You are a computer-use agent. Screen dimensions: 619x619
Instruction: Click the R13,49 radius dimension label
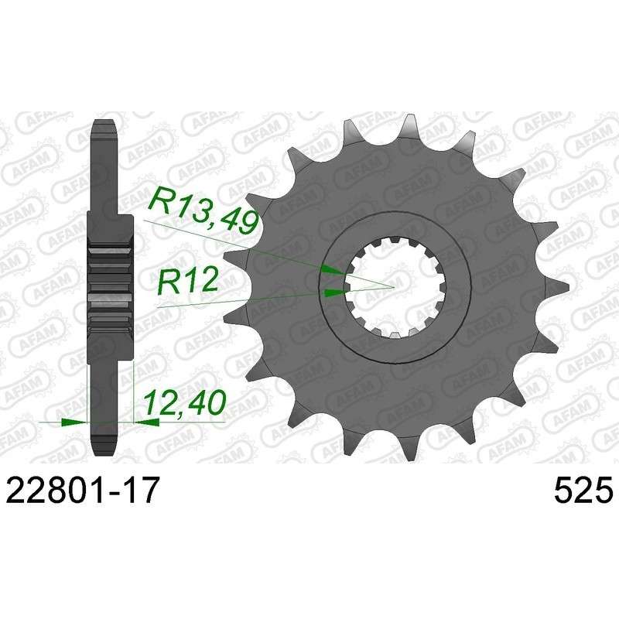pos(203,211)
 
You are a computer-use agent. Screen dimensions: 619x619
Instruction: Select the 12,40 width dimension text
pos(185,403)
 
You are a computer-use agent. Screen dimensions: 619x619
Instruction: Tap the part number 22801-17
pos(84,489)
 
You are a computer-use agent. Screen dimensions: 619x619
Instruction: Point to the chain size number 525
pos(583,490)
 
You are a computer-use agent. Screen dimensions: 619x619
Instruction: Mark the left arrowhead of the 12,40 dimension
pos(74,422)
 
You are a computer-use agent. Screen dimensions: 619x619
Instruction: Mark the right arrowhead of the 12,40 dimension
pos(147,422)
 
